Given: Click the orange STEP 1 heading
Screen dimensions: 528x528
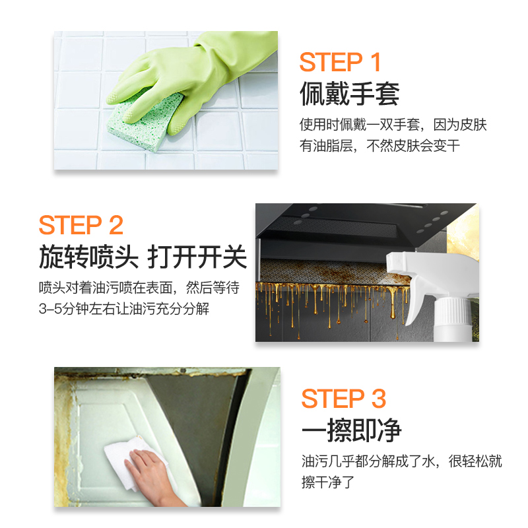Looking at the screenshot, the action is (340, 62).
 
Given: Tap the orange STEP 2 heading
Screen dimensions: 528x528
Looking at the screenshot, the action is (81, 225).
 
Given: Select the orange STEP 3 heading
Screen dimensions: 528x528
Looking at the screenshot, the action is (343, 399).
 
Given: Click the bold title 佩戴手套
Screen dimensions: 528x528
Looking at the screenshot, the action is (350, 94).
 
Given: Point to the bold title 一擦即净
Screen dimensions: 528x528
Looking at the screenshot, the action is (351, 430).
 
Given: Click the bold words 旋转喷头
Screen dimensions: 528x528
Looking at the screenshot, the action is (89, 257).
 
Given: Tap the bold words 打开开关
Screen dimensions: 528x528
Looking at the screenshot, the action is (197, 257).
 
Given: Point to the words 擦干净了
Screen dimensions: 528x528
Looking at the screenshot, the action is (328, 482).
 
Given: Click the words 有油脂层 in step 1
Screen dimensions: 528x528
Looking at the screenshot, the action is (326, 146).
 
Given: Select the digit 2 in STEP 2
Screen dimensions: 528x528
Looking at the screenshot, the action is (116, 225).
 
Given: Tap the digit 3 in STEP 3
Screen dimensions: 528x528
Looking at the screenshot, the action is (378, 399).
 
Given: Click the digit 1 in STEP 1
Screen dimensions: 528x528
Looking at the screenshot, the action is (376, 62).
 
